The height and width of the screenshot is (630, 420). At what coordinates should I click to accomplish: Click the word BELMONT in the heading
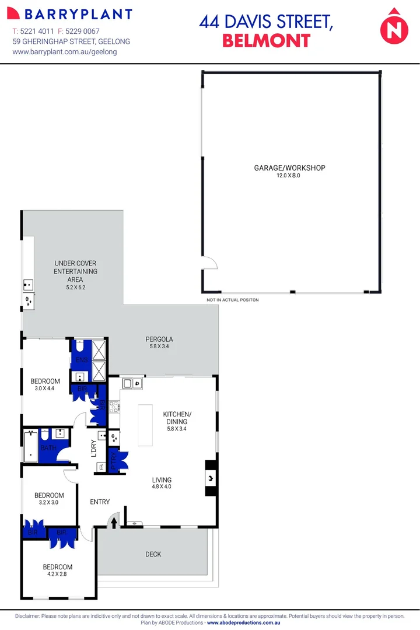tap(267, 41)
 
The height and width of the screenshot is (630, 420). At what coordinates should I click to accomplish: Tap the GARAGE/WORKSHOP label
tap(289, 168)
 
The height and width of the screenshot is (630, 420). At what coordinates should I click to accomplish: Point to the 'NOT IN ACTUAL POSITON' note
tap(232, 300)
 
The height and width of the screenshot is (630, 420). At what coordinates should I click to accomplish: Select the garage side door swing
tap(209, 264)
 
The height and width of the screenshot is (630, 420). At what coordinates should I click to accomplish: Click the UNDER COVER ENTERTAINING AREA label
tap(75, 271)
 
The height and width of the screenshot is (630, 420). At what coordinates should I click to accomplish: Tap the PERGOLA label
tap(159, 339)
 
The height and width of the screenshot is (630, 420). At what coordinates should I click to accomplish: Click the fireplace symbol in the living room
tap(210, 478)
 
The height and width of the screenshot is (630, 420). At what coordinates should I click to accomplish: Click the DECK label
tap(153, 554)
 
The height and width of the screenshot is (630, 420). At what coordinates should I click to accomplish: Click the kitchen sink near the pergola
tap(132, 383)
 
